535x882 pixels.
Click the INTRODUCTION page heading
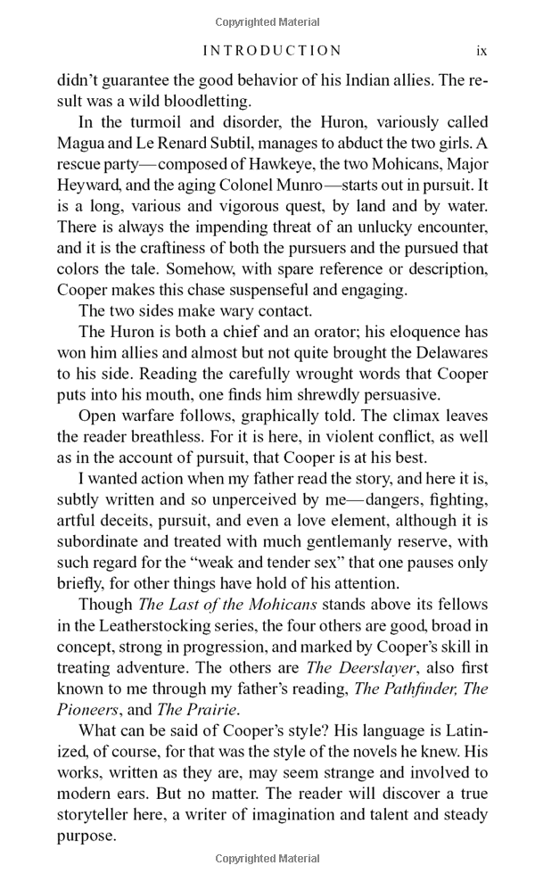[x=272, y=51]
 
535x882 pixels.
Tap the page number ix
[x=481, y=51]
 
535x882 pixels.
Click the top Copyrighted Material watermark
[x=267, y=21]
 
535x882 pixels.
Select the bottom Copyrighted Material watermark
[x=267, y=859]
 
